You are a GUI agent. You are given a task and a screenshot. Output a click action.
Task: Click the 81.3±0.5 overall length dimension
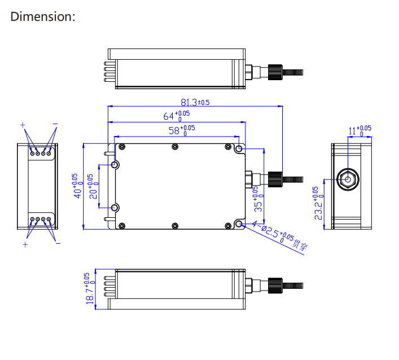coord(195,102)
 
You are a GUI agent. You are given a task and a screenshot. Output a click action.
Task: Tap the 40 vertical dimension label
coord(77,185)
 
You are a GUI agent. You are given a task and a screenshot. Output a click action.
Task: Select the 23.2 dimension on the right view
coord(318,204)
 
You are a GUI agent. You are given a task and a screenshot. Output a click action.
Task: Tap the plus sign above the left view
coord(23,125)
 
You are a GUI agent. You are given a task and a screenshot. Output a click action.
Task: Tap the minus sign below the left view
coord(58,244)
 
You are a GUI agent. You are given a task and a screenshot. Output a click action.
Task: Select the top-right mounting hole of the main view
coord(240,150)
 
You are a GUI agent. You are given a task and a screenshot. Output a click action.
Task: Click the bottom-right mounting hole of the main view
coord(239,225)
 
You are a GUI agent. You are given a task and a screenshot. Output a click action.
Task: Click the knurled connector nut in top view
coord(275,72)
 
